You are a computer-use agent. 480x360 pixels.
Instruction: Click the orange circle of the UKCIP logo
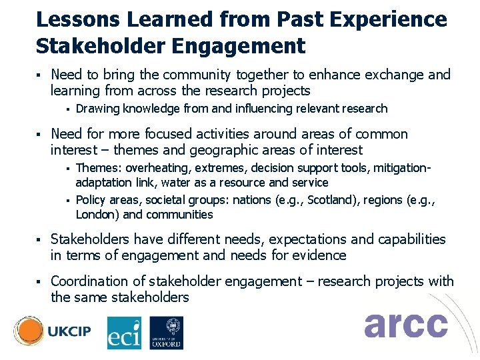(29, 331)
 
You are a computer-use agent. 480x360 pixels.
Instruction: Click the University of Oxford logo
(166, 332)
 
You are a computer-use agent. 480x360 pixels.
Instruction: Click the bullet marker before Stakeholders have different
(39, 239)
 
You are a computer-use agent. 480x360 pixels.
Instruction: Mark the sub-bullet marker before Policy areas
(67, 200)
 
